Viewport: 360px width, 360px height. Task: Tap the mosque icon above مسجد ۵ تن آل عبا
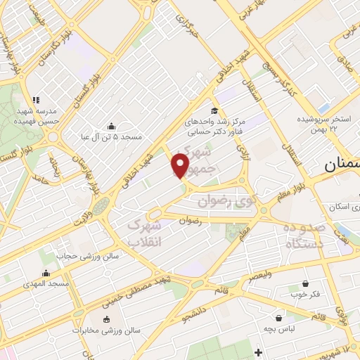(111, 126)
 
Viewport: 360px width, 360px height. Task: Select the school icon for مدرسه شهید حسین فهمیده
(36, 100)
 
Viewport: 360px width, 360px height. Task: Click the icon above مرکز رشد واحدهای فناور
(214, 111)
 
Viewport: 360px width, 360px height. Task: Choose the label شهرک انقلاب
(143, 233)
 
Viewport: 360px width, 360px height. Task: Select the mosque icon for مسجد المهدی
(47, 273)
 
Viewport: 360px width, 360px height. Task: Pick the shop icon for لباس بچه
(278, 318)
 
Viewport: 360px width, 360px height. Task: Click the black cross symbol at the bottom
(258, 352)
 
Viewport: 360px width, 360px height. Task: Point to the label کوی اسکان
(342, 207)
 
